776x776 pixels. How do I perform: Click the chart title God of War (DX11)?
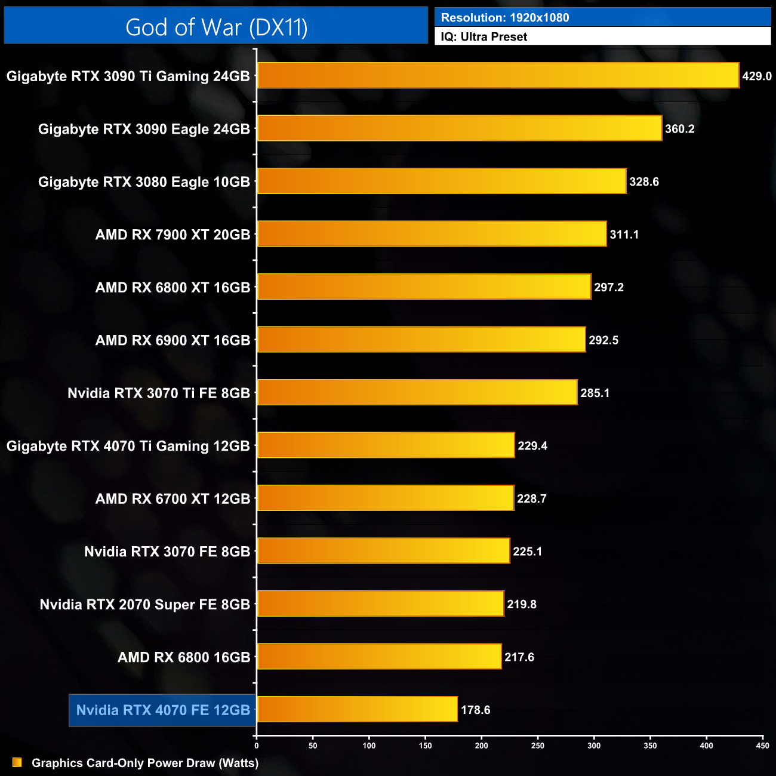(216, 27)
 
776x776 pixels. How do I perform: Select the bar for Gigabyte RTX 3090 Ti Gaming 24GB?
(498, 75)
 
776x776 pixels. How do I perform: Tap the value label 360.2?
(679, 129)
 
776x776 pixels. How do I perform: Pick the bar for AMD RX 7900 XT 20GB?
(432, 234)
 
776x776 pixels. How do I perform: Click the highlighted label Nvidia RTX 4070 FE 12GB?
(163, 710)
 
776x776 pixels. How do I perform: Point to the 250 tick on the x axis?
(538, 746)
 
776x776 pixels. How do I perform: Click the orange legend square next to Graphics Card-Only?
(17, 762)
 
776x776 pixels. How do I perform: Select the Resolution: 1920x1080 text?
(505, 18)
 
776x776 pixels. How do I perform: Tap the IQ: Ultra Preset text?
(484, 37)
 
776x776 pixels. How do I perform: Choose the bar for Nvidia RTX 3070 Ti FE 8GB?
(417, 392)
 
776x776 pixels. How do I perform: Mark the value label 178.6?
(476, 710)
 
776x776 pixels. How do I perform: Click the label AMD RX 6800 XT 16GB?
(173, 288)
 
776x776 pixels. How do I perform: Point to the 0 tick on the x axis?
(257, 746)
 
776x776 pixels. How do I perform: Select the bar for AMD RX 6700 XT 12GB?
(386, 498)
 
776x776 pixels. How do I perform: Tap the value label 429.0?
(756, 76)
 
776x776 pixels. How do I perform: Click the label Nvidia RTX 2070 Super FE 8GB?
(145, 605)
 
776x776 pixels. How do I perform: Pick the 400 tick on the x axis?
(706, 746)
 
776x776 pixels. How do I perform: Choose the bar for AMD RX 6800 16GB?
(379, 657)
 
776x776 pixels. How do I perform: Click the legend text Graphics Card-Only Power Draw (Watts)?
(145, 763)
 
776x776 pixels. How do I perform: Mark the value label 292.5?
(603, 340)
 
